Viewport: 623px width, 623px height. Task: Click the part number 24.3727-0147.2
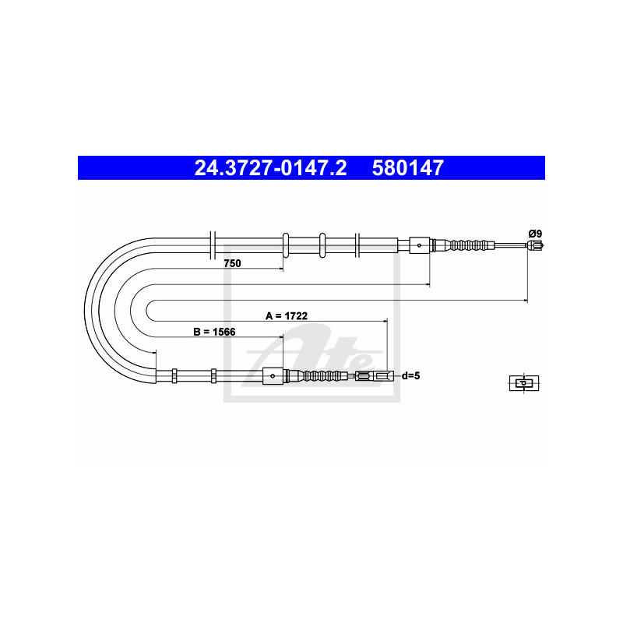click(270, 167)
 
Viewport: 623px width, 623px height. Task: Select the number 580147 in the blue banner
click(407, 167)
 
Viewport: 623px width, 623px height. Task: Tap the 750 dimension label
click(232, 263)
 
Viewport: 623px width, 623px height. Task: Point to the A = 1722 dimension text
click(287, 316)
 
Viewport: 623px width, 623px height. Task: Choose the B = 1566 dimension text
click(214, 332)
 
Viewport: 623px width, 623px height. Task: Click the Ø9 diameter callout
click(535, 234)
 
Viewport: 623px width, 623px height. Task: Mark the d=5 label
click(411, 375)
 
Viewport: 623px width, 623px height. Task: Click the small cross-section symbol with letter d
click(524, 383)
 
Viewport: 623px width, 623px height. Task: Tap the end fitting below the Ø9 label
click(535, 245)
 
